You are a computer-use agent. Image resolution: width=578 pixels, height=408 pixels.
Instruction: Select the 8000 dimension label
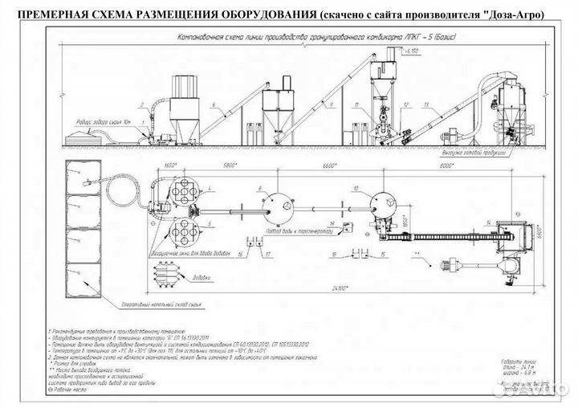pyautogui.click(x=464, y=165)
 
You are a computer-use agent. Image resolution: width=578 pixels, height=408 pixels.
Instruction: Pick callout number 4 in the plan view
pyautogui.click(x=208, y=190)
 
